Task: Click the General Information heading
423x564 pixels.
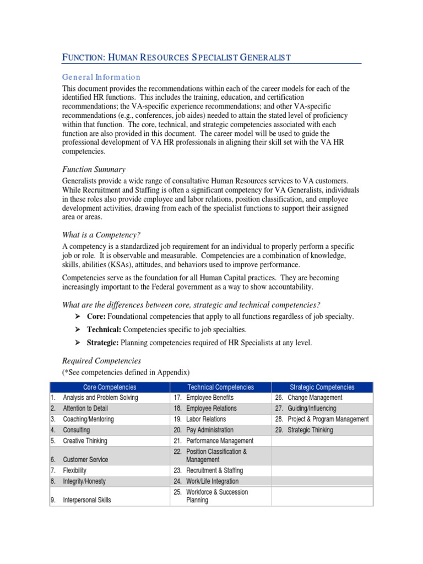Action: (x=101, y=77)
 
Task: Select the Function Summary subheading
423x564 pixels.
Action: (x=94, y=169)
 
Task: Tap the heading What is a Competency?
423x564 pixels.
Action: (x=97, y=235)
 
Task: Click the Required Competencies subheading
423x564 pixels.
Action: (x=101, y=361)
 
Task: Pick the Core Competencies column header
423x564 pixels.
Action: (x=109, y=387)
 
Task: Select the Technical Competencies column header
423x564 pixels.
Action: (x=220, y=387)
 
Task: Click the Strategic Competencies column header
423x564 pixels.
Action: (x=322, y=387)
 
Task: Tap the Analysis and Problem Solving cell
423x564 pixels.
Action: (x=100, y=398)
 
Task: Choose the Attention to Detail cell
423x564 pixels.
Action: (x=85, y=409)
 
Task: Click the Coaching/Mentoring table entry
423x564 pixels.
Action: (x=88, y=419)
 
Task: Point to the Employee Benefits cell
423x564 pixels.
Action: (x=210, y=398)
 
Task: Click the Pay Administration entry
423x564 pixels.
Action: (x=210, y=430)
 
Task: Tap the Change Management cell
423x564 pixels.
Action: (x=314, y=398)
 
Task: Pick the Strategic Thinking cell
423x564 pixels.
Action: (x=310, y=430)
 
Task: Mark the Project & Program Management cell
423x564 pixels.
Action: (x=328, y=419)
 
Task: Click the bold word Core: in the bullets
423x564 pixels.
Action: (x=96, y=316)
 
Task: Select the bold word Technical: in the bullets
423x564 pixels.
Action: (x=104, y=329)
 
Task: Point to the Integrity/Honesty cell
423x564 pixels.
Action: (x=84, y=481)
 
